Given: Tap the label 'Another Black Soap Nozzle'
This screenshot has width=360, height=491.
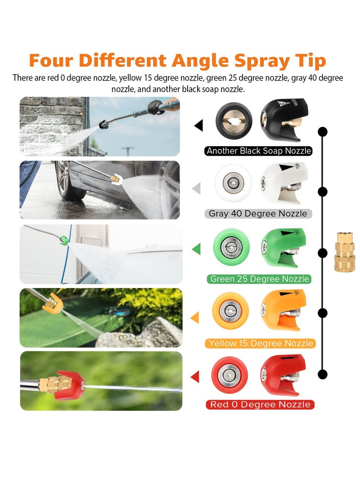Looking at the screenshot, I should coord(259,151).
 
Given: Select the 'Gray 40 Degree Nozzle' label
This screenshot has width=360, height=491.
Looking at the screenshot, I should coord(258,213).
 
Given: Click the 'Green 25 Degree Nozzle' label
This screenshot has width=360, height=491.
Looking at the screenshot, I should coord(260,279).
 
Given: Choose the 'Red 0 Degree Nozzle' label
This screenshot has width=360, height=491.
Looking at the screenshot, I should coord(260,405).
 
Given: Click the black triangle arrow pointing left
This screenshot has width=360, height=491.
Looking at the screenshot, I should coord(198,125).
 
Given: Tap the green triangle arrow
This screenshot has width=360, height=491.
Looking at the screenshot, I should coord(196,248).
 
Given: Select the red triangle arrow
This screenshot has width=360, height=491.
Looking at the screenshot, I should coord(196,377).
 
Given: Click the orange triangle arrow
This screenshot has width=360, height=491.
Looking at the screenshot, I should coord(195,318).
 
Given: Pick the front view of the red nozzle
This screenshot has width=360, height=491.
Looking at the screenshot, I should coord(229,374).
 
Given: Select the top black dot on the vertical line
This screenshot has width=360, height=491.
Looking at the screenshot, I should coord(322,132).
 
